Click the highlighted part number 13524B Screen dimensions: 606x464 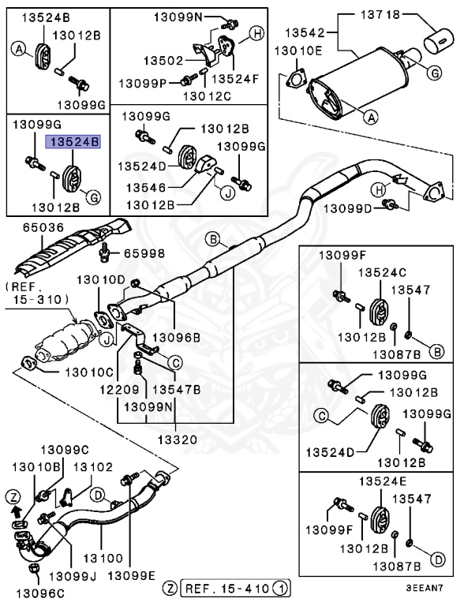tap(75, 142)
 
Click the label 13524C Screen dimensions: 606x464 tap(382, 271)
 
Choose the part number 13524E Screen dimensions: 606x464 tap(383, 481)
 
